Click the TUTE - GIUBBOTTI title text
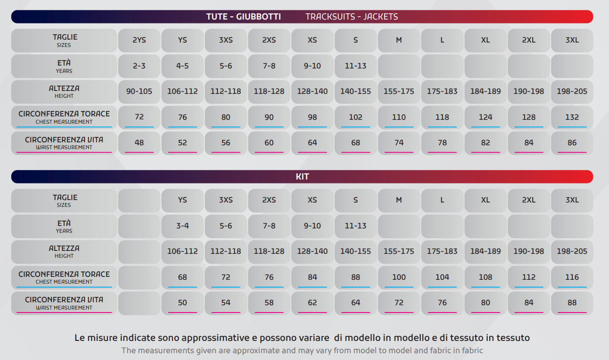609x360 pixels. point(243,17)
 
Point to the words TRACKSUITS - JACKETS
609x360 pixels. point(351,17)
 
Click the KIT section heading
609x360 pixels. point(302,177)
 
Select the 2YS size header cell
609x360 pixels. point(139,40)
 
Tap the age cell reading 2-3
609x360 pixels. point(139,66)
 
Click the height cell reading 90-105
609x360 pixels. point(139,91)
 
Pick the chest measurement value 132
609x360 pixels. point(572,117)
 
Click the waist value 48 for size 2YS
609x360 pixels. point(139,143)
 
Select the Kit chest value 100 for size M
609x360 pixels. point(399,277)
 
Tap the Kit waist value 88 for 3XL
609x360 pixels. point(572,303)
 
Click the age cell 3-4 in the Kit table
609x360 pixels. point(182,226)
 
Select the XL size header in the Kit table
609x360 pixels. point(485,200)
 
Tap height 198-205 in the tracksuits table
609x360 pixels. point(572,91)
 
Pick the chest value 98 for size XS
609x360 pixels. point(312,117)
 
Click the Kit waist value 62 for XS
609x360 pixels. point(312,303)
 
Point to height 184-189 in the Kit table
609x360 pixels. point(485,251)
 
